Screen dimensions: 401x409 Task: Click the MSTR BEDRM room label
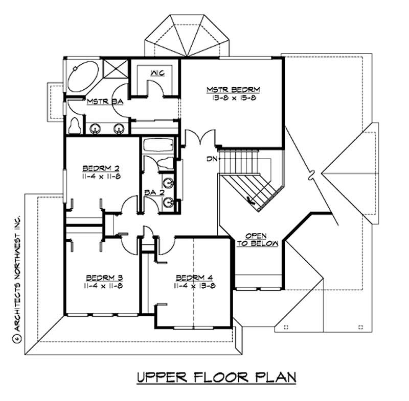pyautogui.click(x=233, y=90)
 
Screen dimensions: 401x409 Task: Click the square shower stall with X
pyautogui.click(x=114, y=69)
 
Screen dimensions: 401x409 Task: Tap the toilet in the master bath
pyautogui.click(x=75, y=125)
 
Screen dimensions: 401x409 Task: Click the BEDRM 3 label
pyautogui.click(x=104, y=278)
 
